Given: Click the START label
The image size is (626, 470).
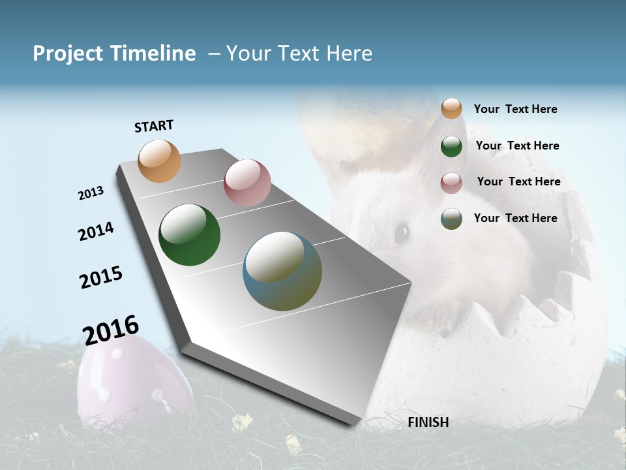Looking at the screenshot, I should [154, 126].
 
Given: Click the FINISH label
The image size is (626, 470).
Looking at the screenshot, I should [428, 422].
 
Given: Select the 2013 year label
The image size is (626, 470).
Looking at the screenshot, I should [91, 193].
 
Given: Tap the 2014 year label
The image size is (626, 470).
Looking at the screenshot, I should [96, 232].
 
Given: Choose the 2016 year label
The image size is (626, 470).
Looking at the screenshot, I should [111, 330].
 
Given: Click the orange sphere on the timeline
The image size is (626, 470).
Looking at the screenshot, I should [160, 161].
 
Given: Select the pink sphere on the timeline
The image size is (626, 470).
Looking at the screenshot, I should [247, 183].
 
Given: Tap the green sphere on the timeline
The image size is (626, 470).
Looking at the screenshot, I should [189, 235].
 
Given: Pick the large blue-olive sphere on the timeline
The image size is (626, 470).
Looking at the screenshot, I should [282, 271].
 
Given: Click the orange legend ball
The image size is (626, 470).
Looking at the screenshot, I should [451, 108].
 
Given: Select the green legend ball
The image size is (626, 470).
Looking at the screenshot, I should [451, 146].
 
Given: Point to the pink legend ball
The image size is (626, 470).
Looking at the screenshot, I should [451, 183].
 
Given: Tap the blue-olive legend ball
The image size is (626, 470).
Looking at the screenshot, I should [451, 219].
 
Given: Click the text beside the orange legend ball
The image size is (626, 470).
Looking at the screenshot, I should [515, 109].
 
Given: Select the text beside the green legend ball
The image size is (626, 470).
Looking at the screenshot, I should [517, 146].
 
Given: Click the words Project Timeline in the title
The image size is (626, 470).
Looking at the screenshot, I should [114, 54].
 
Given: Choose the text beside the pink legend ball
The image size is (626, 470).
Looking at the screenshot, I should [518, 181].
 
